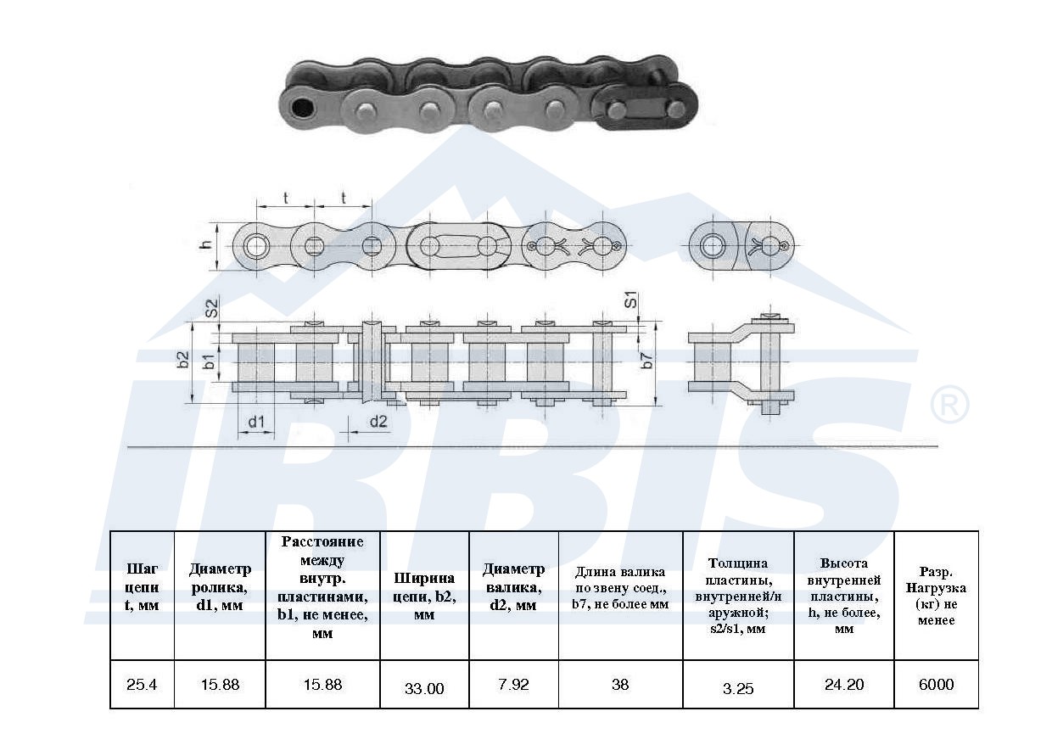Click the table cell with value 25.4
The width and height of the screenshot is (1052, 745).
(x=142, y=685)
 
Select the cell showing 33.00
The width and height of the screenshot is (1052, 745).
(x=424, y=689)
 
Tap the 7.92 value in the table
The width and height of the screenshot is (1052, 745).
(x=514, y=685)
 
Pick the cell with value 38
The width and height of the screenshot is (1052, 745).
(x=620, y=685)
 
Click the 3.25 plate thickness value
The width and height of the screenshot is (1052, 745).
(x=738, y=689)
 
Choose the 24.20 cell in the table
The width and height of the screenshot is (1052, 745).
(x=844, y=685)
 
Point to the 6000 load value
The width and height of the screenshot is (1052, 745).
(x=936, y=685)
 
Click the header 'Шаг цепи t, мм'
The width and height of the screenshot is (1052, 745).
(x=142, y=587)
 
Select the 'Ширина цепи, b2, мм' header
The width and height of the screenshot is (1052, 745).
(x=424, y=597)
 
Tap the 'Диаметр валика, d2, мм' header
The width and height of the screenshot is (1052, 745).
(x=514, y=587)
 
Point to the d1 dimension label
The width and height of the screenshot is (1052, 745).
(x=256, y=422)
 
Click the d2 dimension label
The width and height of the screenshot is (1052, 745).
(x=378, y=422)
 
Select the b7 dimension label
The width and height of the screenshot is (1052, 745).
(x=647, y=361)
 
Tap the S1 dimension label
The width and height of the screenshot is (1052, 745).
(x=631, y=300)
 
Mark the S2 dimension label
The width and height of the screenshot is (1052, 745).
(x=212, y=308)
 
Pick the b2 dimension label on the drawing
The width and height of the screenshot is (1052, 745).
(x=184, y=360)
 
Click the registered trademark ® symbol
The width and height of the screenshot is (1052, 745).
(x=949, y=404)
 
